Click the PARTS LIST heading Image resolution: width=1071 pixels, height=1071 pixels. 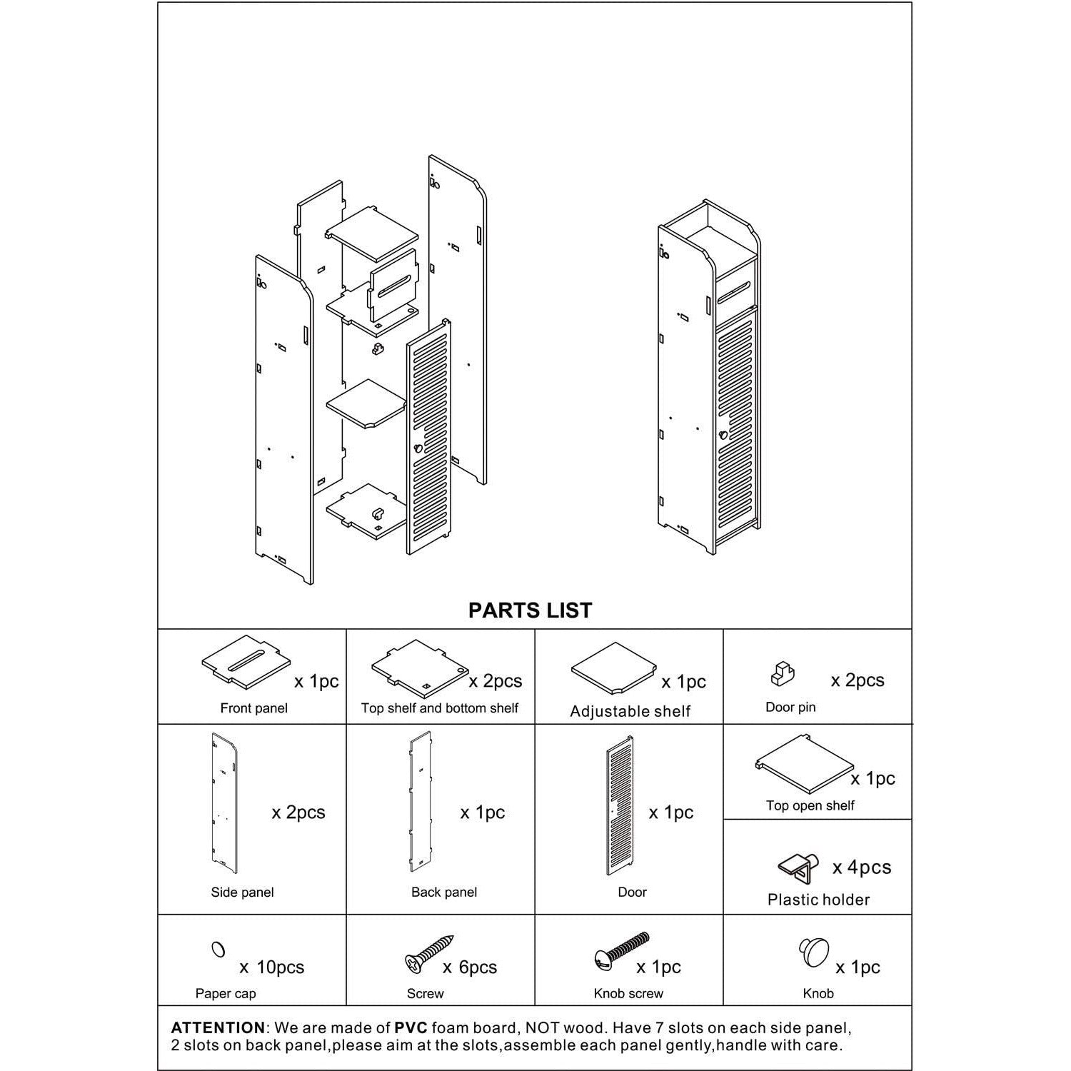click(x=530, y=610)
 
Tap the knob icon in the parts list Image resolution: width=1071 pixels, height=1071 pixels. click(x=813, y=952)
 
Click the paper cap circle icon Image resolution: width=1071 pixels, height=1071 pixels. click(x=218, y=950)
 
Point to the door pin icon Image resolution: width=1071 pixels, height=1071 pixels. click(x=782, y=674)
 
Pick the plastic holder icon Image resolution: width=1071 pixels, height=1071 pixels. click(x=798, y=867)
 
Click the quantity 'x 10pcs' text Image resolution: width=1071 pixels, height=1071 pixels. click(x=271, y=967)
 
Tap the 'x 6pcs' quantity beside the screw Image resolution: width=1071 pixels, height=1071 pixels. click(x=469, y=967)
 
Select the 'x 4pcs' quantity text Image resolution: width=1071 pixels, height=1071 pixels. click(x=862, y=868)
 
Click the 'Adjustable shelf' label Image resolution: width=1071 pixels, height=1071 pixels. click(x=630, y=711)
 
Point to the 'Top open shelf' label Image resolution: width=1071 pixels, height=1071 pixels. click(x=810, y=805)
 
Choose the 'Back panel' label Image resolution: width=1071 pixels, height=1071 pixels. click(x=443, y=892)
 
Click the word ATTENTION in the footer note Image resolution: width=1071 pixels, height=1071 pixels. click(x=218, y=1028)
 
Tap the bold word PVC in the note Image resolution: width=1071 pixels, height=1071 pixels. click(x=411, y=1028)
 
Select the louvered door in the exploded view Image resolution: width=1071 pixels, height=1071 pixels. click(x=428, y=436)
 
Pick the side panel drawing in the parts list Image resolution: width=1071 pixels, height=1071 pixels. click(x=224, y=803)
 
